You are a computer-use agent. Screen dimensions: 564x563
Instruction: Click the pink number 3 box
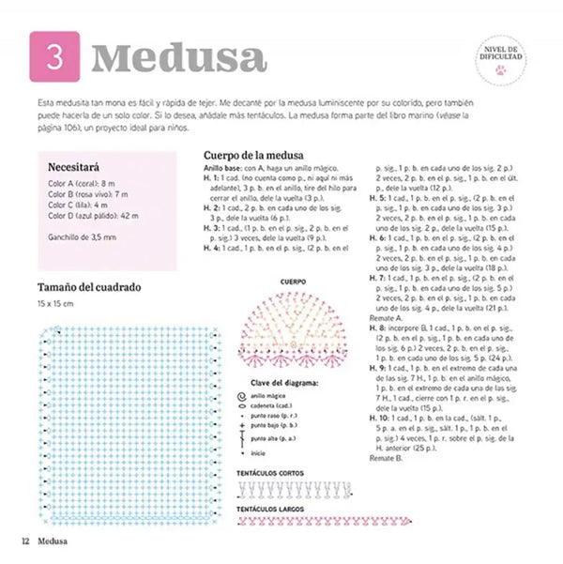[x=55, y=57]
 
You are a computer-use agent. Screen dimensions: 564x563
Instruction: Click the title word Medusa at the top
[x=178, y=58]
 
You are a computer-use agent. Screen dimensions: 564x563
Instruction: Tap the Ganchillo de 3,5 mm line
[x=82, y=236]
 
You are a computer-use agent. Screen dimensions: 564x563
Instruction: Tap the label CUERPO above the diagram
[x=294, y=281]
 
